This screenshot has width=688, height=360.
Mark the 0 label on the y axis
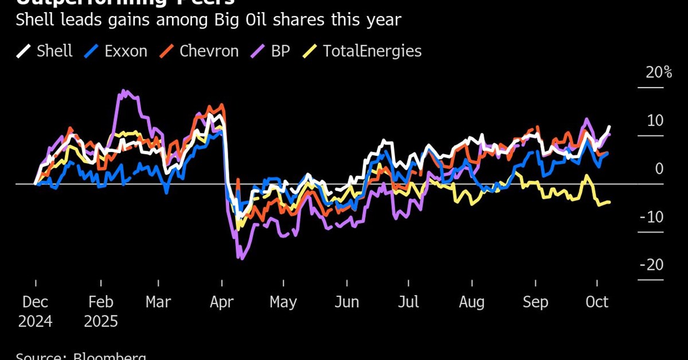click(x=659, y=169)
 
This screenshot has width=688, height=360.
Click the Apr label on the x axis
click(x=222, y=302)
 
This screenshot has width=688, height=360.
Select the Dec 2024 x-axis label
click(x=35, y=311)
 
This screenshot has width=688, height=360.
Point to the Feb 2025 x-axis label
click(x=101, y=311)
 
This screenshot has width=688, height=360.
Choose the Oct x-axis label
click(x=597, y=302)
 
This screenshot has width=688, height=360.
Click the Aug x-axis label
click(x=472, y=302)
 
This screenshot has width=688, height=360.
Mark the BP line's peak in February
click(x=123, y=91)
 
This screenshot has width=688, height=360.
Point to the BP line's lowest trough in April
click(x=240, y=259)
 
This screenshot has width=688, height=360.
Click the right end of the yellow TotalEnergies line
click(x=609, y=202)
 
